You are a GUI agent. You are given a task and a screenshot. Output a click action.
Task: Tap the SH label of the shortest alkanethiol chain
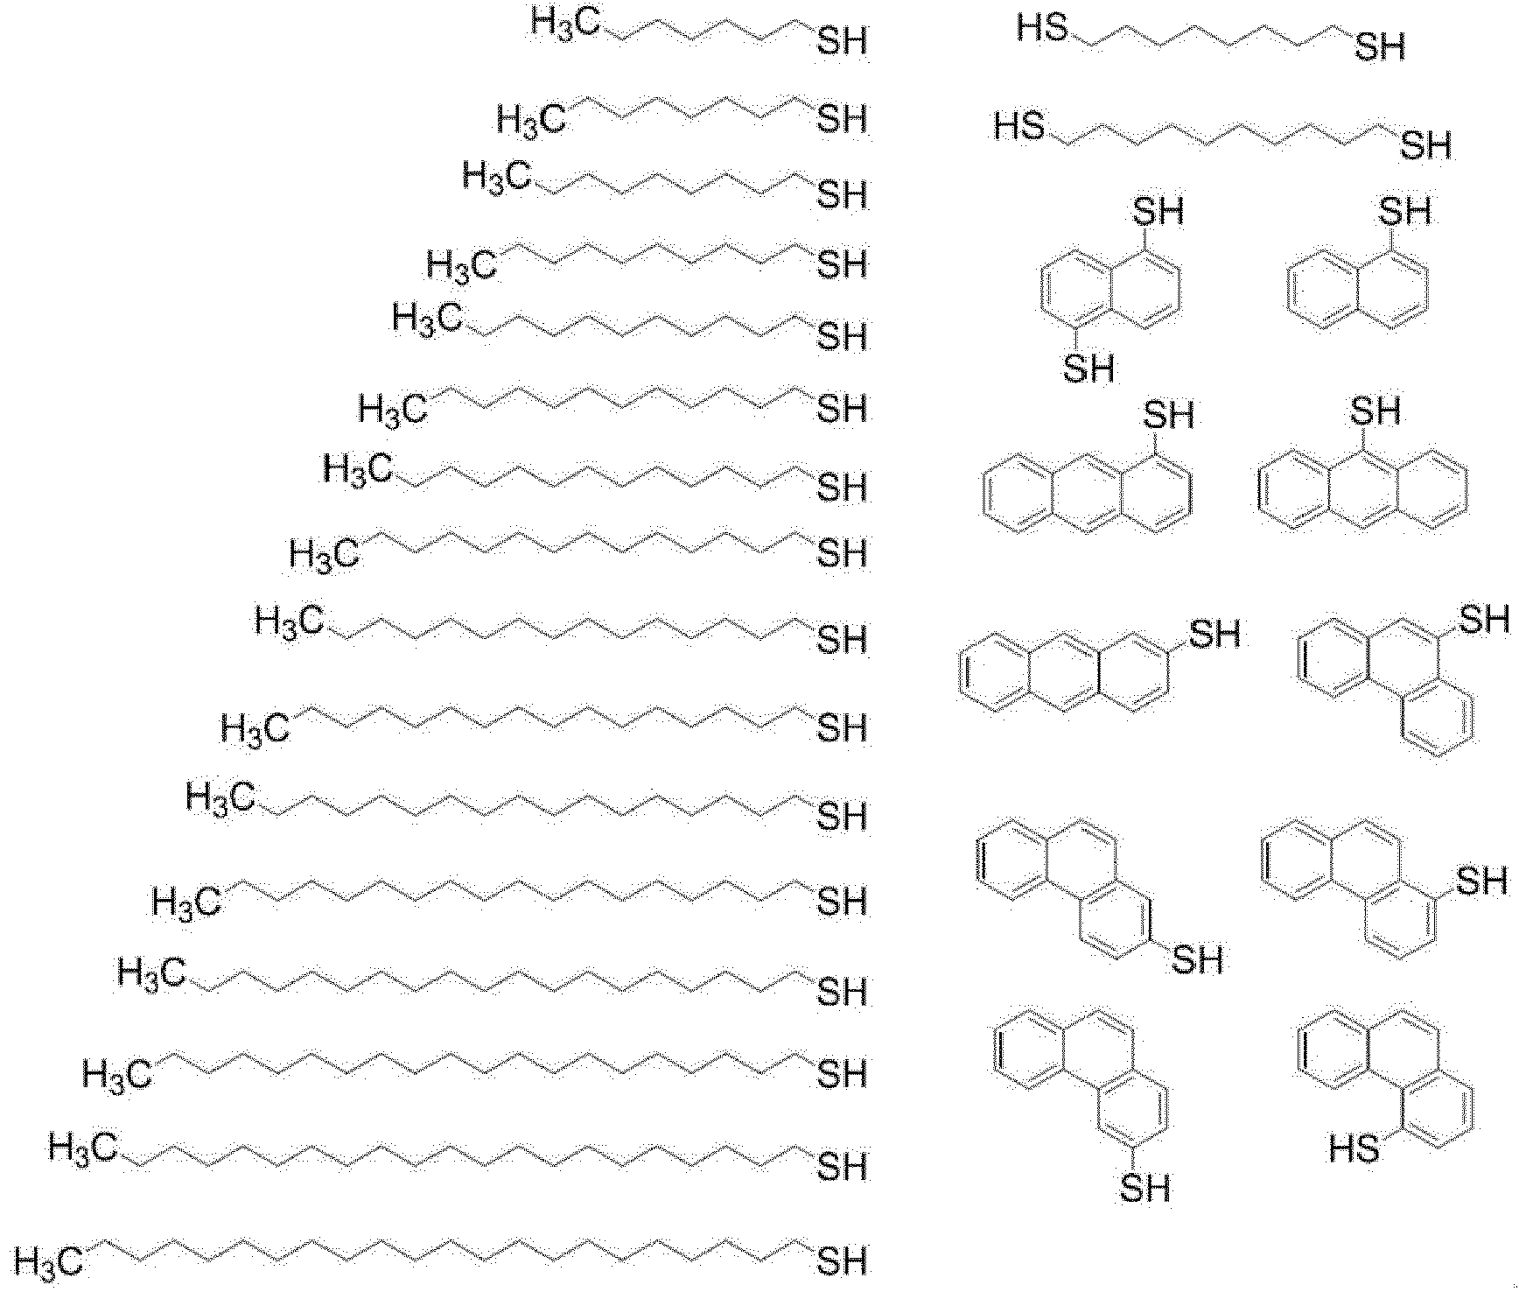pos(842,41)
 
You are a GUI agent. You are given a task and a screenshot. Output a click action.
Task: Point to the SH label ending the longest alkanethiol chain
pos(842,1260)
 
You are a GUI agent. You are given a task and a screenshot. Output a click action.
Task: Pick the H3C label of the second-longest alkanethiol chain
pos(83,1148)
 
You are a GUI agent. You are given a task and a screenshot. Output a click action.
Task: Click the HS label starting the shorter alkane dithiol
pos(1043,28)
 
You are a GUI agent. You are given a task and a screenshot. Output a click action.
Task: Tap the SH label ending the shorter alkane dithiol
pos(1380,46)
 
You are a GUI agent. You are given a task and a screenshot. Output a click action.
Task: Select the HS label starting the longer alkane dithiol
pos(1020,128)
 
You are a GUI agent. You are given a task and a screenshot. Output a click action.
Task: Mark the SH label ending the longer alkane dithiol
pos(1426,144)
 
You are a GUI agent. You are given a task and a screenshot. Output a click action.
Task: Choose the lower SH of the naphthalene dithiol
pos(1088,369)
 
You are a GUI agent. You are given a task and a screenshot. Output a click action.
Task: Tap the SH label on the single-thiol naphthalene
pos(1404,211)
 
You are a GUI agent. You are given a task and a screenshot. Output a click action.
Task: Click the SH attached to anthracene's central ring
pos(1375,411)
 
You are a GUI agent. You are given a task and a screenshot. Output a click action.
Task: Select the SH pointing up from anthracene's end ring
pos(1168,415)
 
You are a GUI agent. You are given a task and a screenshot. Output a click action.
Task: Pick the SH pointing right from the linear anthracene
pos(1215,634)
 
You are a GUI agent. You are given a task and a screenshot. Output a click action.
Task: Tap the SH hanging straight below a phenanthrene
pos(1144,1188)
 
